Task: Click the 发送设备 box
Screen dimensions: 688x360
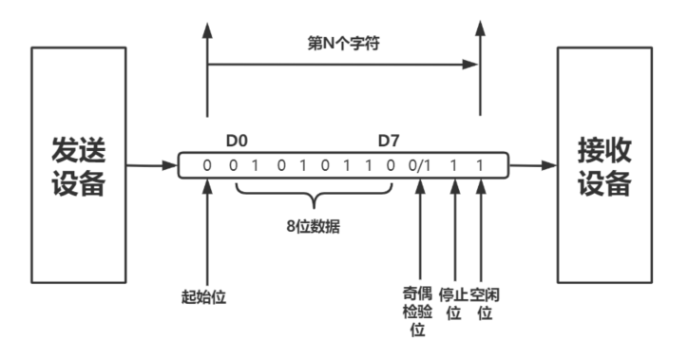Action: (77, 167)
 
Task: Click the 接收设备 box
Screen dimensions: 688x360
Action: (603, 167)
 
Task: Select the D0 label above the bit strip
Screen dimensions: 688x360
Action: (237, 142)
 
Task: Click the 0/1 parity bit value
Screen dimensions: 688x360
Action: (419, 167)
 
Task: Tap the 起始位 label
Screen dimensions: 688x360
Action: (206, 295)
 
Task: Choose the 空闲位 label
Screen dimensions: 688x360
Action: (485, 303)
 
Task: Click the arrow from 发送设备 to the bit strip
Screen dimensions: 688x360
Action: (153, 167)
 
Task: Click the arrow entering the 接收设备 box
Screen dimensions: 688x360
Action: (534, 167)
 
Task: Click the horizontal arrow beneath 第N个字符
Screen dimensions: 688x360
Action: (343, 65)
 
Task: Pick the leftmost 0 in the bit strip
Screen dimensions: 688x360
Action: (206, 167)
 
